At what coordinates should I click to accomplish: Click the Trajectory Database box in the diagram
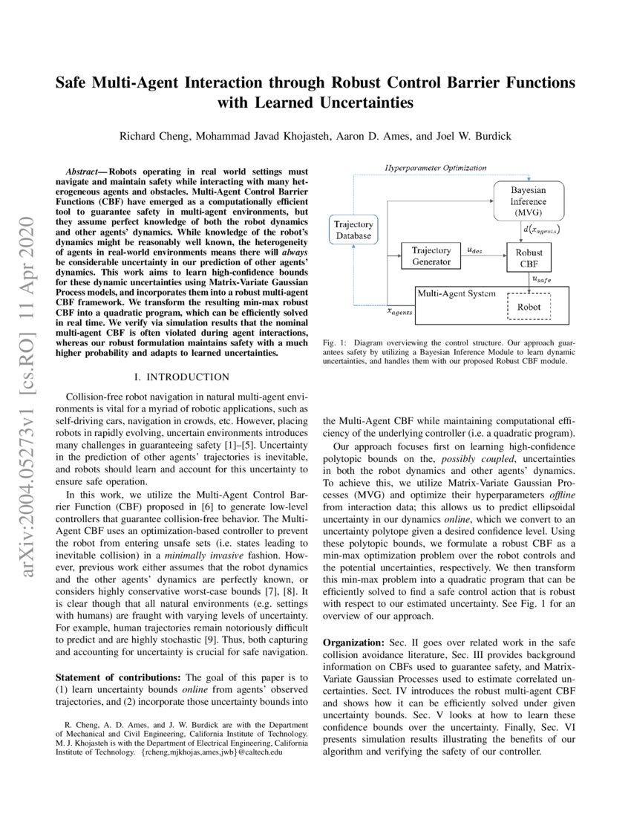click(353, 230)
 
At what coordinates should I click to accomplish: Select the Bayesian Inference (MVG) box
click(528, 201)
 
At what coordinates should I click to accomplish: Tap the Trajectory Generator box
click(431, 256)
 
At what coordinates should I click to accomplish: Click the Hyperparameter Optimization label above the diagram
click(436, 169)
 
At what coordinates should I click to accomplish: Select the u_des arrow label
click(473, 251)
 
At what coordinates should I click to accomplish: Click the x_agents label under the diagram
click(400, 313)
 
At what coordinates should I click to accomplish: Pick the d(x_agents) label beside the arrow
click(542, 230)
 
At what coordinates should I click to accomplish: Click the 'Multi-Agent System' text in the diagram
click(456, 293)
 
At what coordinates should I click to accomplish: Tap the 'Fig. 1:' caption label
click(335, 343)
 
